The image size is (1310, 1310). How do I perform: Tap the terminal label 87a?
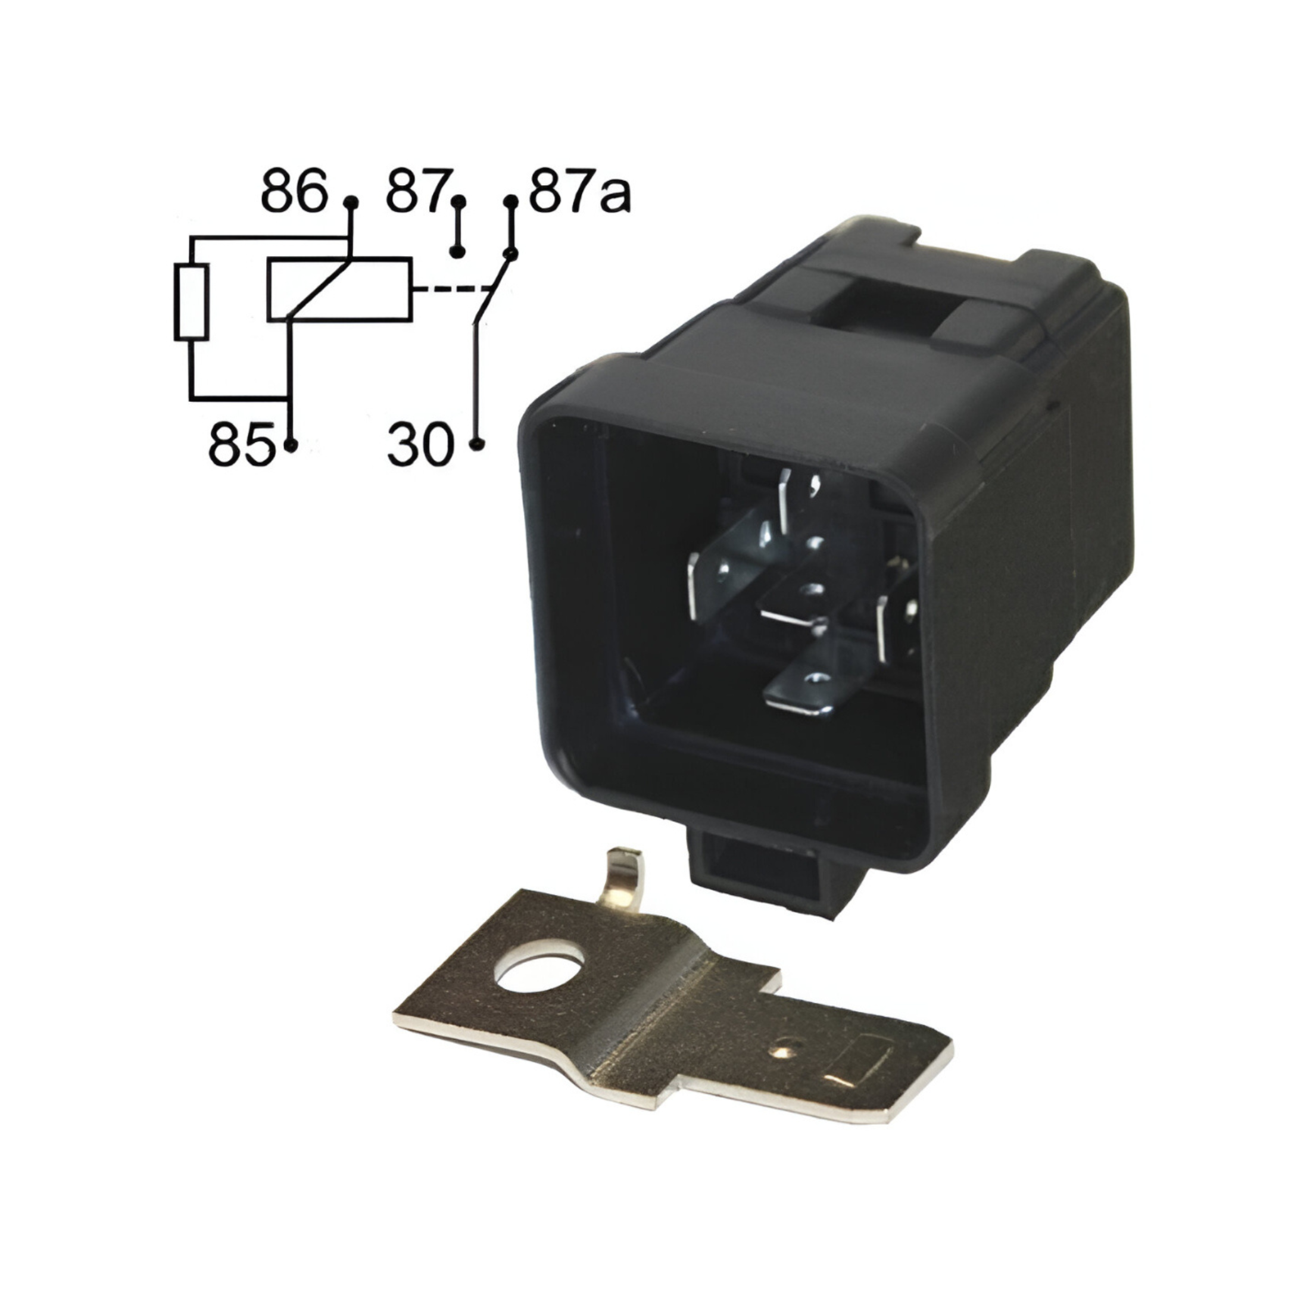click(580, 194)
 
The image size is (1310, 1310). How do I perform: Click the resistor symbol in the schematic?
click(192, 302)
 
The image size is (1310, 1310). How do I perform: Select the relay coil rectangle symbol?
click(339, 288)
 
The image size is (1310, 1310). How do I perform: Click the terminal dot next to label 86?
click(351, 202)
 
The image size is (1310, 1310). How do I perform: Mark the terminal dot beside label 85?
click(291, 445)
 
